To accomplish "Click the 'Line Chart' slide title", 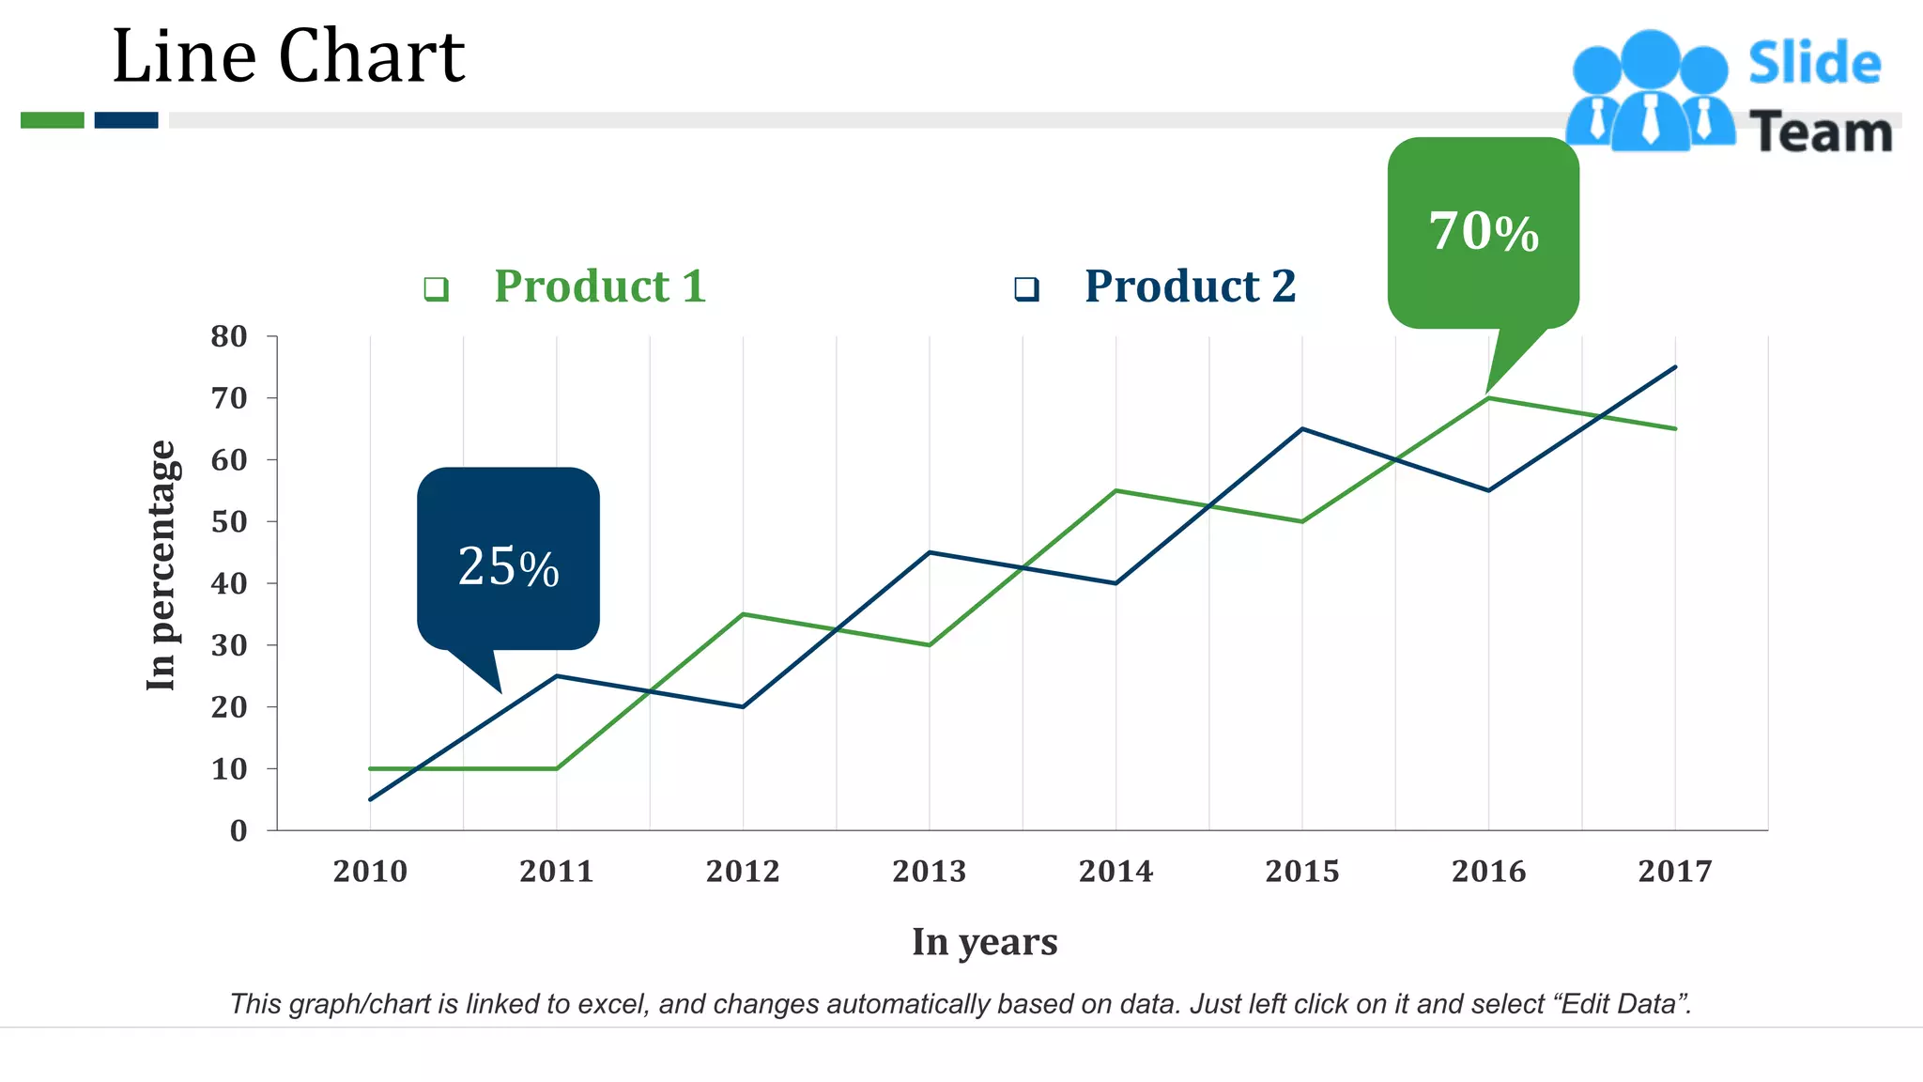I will coord(288,56).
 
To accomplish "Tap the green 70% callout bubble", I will coord(1484,232).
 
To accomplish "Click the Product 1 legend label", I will coord(600,286).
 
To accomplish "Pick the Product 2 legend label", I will coord(1190,286).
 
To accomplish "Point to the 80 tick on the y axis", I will coord(229,336).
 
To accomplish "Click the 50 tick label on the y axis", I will coord(229,522).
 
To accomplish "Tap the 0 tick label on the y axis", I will coord(238,831).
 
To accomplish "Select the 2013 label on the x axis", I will coord(929,872).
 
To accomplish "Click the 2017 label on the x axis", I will coord(1675,872).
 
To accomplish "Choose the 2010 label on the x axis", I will coord(370,872).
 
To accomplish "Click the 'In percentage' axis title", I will coord(162,565).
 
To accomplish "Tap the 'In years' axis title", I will coord(984,942).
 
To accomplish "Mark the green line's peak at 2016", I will coord(1489,398).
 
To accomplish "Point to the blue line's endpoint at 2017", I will coord(1675,367).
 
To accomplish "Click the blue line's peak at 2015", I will coord(1302,429).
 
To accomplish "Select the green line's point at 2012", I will coord(743,614).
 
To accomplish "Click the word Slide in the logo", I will coord(1814,64).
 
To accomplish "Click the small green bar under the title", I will coord(53,120).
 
